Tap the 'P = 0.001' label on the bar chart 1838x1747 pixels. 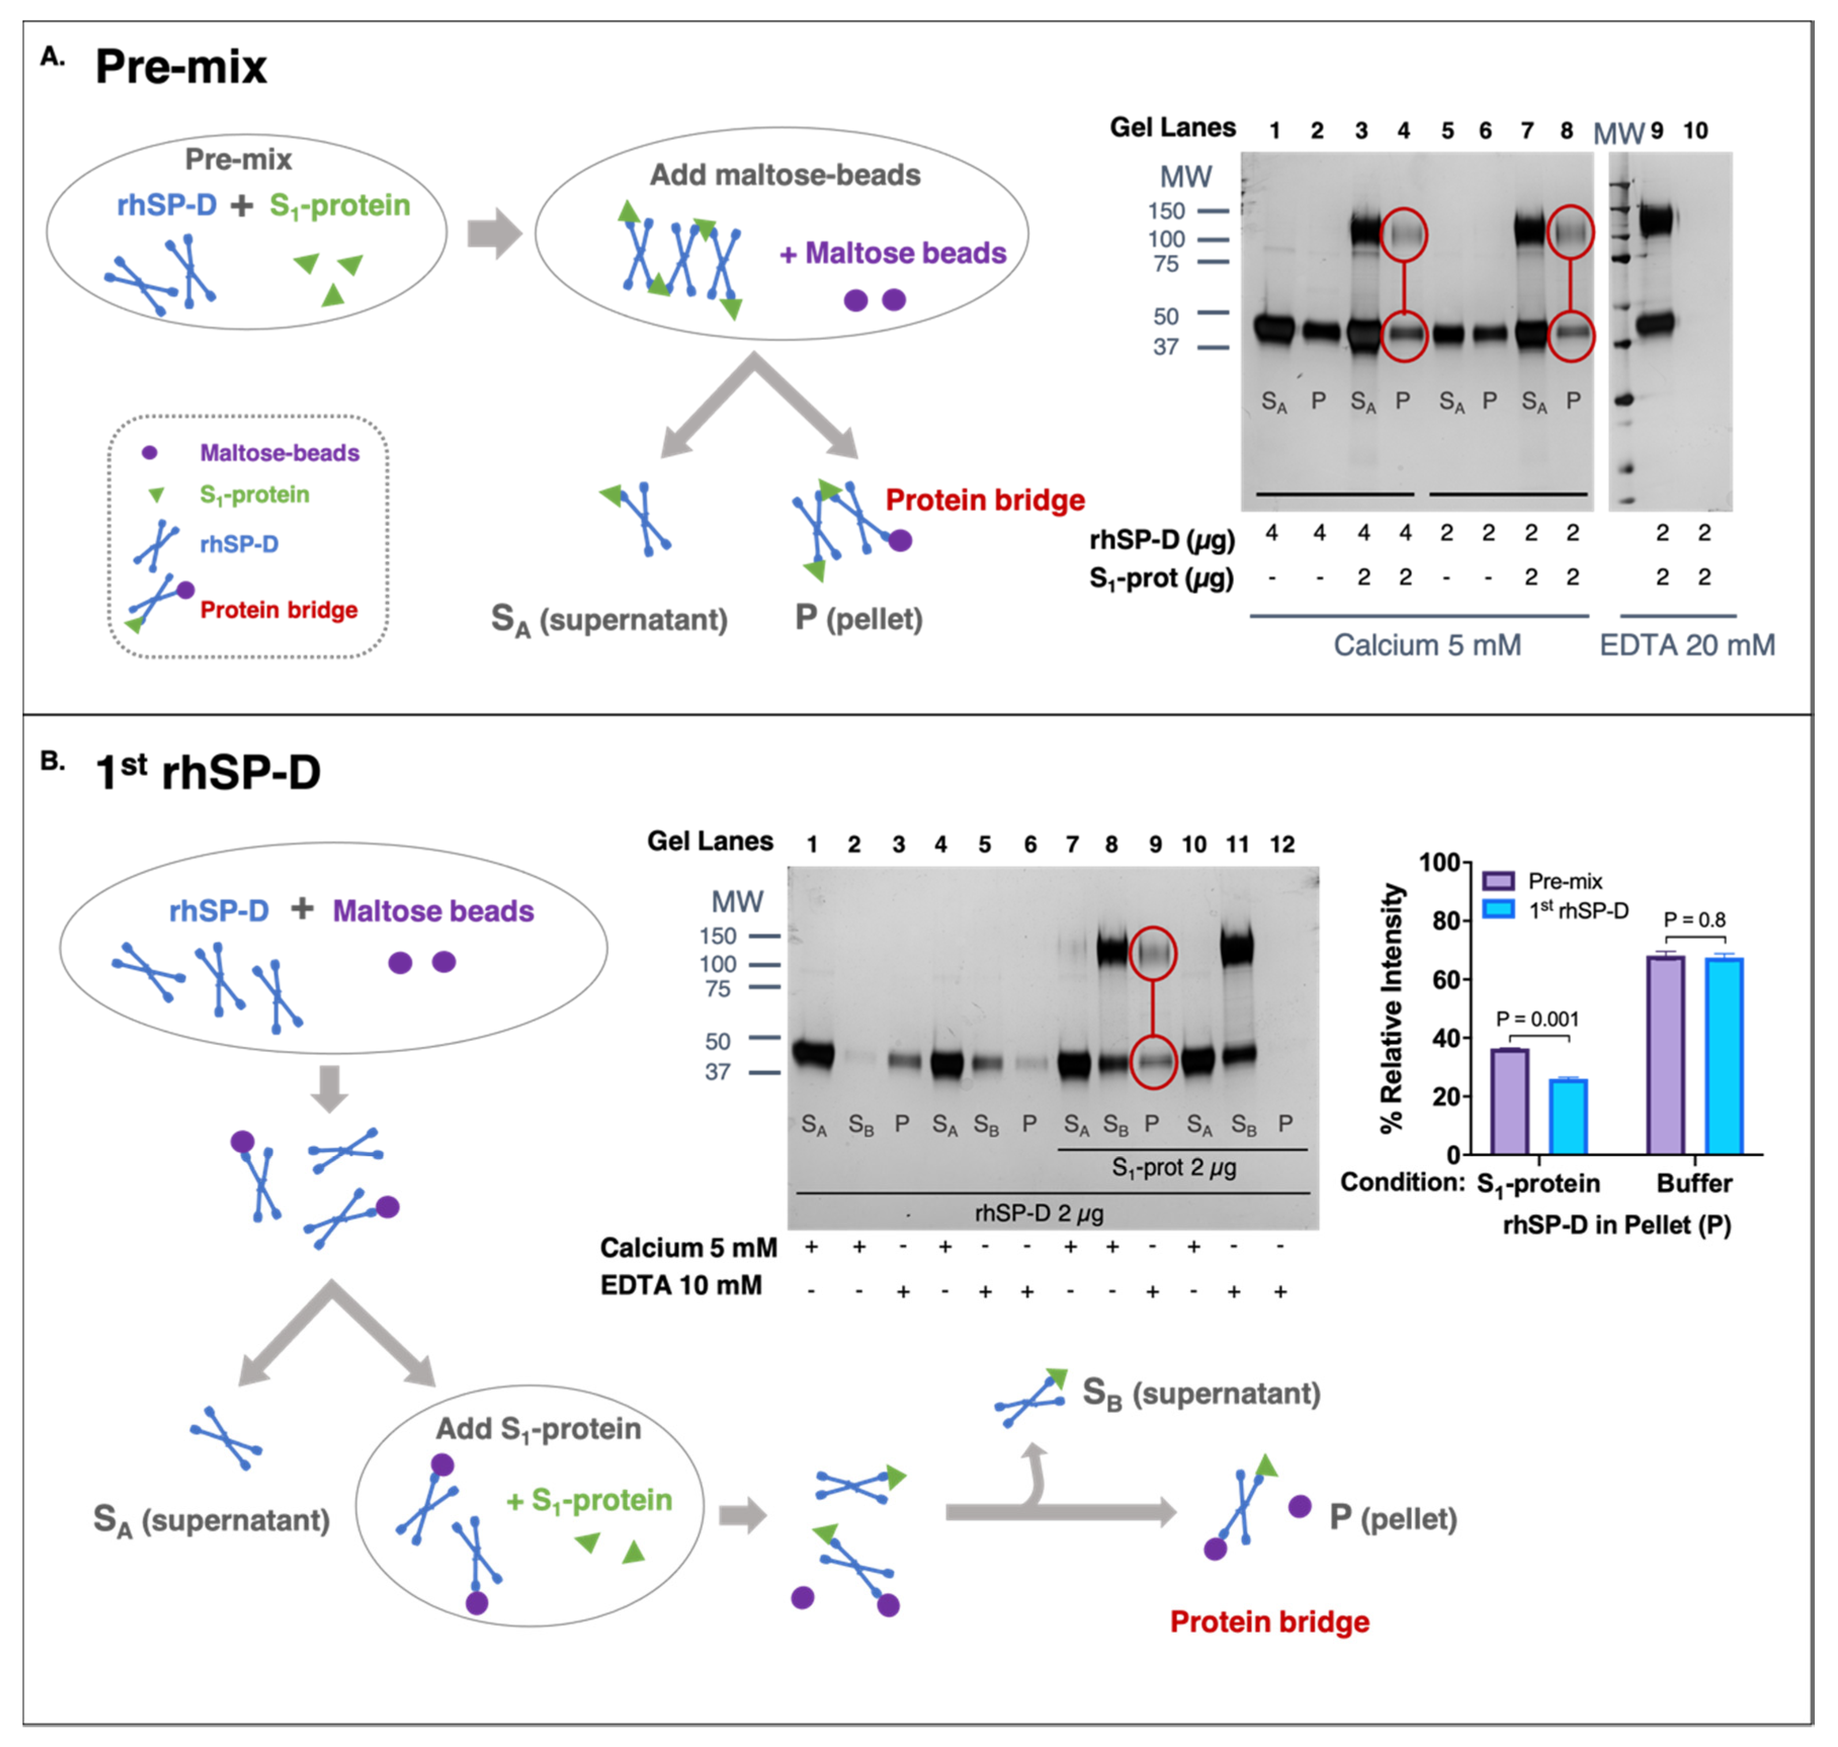[x=1537, y=1019]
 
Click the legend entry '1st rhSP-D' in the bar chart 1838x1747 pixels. [x=1578, y=911]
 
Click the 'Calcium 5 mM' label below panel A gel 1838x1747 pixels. [x=1427, y=646]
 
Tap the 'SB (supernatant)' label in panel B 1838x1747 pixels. [x=1201, y=1394]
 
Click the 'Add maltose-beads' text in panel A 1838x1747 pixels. [x=784, y=175]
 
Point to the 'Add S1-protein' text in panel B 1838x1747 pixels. [x=538, y=1429]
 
